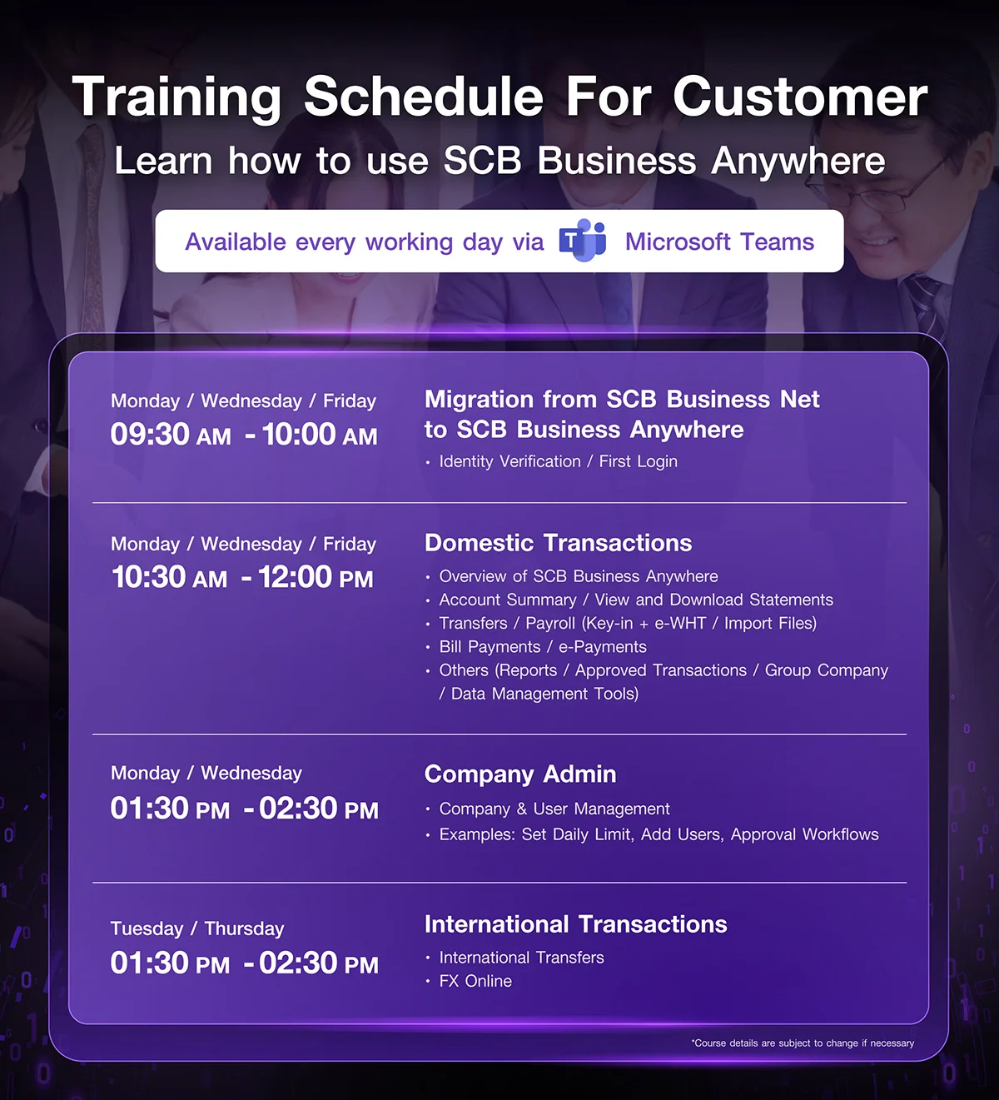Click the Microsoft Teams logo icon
coord(582,240)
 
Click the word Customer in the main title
coord(800,97)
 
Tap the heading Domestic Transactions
coord(558,543)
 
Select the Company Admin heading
coord(520,774)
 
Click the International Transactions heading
coord(576,924)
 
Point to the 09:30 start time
coord(150,434)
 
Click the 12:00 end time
coord(295,577)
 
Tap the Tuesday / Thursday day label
coord(197,928)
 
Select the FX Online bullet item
coord(475,981)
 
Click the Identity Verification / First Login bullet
coord(558,461)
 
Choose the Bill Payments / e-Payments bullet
coord(543,647)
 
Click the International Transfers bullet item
coord(521,958)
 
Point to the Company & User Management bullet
coord(554,809)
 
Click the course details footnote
coord(803,1043)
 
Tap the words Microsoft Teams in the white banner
coord(719,241)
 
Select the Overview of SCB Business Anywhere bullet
coord(579,576)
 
